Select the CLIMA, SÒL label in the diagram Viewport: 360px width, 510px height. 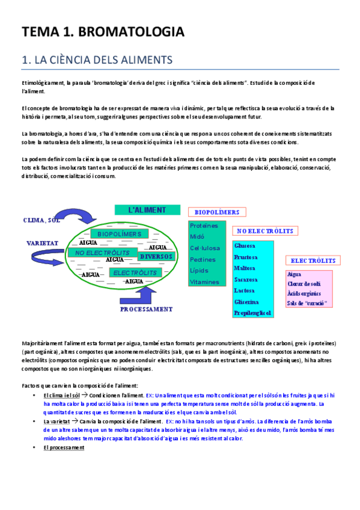(x=43, y=220)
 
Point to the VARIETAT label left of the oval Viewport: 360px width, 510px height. (x=41, y=244)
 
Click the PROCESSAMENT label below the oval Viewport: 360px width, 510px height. (x=146, y=309)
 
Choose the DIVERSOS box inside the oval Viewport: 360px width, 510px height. (x=156, y=257)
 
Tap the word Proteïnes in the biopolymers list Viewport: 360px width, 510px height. (x=203, y=225)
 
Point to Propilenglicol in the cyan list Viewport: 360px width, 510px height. (x=253, y=313)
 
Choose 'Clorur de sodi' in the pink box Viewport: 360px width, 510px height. (x=304, y=283)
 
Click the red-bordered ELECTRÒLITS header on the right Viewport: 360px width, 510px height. (x=313, y=261)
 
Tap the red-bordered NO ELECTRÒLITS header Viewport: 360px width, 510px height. (x=264, y=231)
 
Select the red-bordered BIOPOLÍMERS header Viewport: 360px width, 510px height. (x=217, y=212)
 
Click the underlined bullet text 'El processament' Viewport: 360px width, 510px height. (x=64, y=447)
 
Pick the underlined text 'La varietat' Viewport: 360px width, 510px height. (x=55, y=421)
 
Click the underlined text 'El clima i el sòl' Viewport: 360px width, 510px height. (x=62, y=395)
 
